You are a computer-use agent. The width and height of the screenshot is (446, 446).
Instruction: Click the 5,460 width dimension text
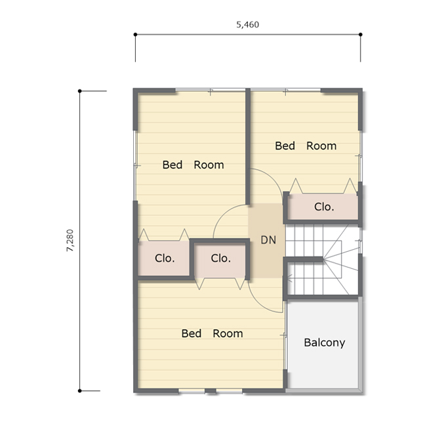point(247,25)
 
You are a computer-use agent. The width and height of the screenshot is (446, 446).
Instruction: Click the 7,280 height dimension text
point(70,240)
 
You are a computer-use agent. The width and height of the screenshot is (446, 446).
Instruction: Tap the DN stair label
point(268,240)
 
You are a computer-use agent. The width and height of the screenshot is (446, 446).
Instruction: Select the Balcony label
point(324,343)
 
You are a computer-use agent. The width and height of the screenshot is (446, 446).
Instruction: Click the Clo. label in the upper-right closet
point(324,207)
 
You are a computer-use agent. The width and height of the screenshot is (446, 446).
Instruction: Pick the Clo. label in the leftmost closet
point(165,258)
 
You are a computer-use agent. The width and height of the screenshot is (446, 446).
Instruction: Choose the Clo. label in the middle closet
point(221,258)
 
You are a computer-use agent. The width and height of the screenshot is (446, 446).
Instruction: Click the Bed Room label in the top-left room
point(193,165)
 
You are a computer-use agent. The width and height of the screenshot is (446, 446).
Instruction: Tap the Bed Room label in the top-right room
point(306,146)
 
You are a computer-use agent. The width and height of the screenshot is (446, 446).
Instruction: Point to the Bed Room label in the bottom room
point(213,333)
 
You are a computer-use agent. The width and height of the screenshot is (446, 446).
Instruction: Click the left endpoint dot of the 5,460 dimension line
point(135,34)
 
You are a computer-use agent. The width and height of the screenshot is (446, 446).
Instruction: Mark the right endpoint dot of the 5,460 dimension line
point(360,34)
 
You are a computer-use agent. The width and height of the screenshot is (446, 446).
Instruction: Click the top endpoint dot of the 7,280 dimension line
point(79,91)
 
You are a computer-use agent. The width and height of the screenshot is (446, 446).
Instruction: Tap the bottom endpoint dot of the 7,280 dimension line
point(79,391)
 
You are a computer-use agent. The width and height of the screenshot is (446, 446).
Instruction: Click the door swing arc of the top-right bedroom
point(273,176)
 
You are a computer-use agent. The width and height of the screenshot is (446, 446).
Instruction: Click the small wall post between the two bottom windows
point(211,391)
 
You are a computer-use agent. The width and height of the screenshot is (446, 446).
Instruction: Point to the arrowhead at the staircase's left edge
point(290,278)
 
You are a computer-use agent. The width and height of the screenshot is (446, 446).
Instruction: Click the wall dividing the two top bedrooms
point(248,146)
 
